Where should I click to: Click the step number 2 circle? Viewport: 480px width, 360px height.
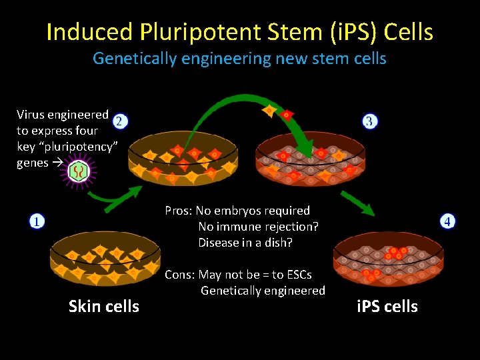[x=118, y=121]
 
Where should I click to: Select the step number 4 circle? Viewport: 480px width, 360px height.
[x=448, y=221]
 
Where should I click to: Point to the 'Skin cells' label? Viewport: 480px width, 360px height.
[x=104, y=307]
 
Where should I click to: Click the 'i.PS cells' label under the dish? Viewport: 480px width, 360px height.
[x=387, y=307]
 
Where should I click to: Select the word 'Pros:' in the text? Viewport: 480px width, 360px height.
[x=179, y=211]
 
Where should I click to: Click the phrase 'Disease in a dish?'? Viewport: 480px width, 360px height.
[x=245, y=243]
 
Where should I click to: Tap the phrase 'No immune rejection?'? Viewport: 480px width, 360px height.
[x=258, y=227]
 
